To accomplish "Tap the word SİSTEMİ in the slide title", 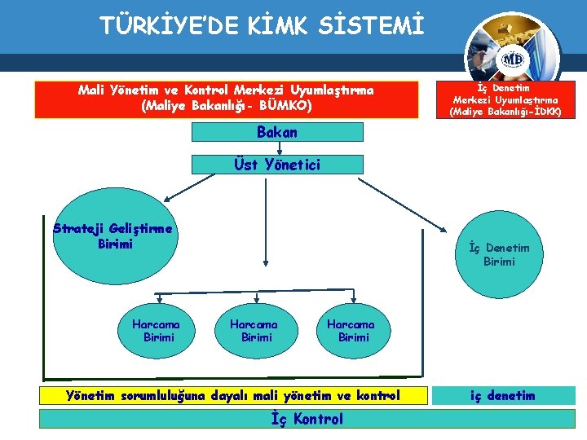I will coord(373,27).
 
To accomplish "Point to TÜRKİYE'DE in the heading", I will coord(170,27).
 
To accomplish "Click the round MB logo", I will coord(512,59).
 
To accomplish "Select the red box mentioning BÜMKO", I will coord(225,99).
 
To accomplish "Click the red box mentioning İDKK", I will coord(506,99).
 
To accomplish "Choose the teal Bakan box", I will coord(277,132).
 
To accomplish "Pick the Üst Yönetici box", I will coord(277,164).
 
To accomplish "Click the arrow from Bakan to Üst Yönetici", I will coord(279,147).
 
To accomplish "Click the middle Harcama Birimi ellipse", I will coord(254,330).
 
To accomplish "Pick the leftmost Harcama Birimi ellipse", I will coord(156,330).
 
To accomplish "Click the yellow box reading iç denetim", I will coord(502,396).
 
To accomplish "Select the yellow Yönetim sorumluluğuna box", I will coord(232,396).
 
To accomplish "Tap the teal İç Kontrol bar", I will coord(306,419).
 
